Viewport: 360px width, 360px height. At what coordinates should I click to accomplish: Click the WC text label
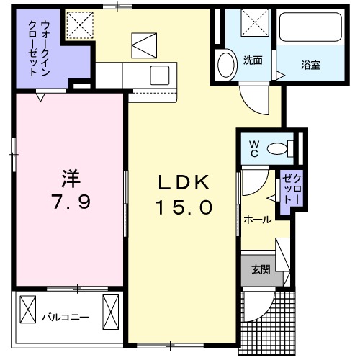[x=254, y=148]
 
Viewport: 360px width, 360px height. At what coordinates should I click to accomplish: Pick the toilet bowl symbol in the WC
[x=276, y=149]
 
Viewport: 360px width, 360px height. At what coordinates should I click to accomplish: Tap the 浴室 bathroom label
[x=310, y=65]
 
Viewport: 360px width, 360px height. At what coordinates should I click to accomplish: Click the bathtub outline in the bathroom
[x=312, y=29]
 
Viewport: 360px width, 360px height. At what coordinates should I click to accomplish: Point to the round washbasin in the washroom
[x=226, y=64]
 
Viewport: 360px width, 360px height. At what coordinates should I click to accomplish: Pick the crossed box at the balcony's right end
[x=112, y=312]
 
